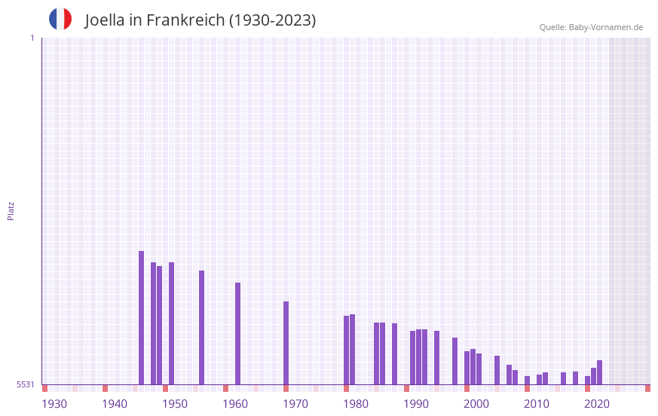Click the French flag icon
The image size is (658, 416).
(x=60, y=19)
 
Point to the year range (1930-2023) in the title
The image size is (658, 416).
(x=272, y=20)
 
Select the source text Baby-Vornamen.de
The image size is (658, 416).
(x=605, y=27)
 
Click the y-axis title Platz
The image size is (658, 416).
(x=11, y=210)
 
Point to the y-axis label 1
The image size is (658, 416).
(x=32, y=38)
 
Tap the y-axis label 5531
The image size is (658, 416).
(x=26, y=384)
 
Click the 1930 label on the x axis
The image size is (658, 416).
(x=54, y=404)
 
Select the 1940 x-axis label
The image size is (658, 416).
(x=115, y=404)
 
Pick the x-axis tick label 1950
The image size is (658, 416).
(x=175, y=404)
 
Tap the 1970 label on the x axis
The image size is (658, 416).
(x=295, y=404)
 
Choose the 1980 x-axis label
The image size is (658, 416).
(x=356, y=404)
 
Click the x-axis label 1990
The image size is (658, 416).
(x=416, y=404)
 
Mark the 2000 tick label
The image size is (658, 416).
(x=476, y=404)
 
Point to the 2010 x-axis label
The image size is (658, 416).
(x=537, y=404)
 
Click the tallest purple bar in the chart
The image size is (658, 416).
(x=141, y=317)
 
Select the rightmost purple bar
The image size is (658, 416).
(x=599, y=372)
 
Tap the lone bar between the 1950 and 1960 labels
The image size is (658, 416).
(x=201, y=327)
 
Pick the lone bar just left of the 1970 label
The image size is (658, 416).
(x=286, y=343)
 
